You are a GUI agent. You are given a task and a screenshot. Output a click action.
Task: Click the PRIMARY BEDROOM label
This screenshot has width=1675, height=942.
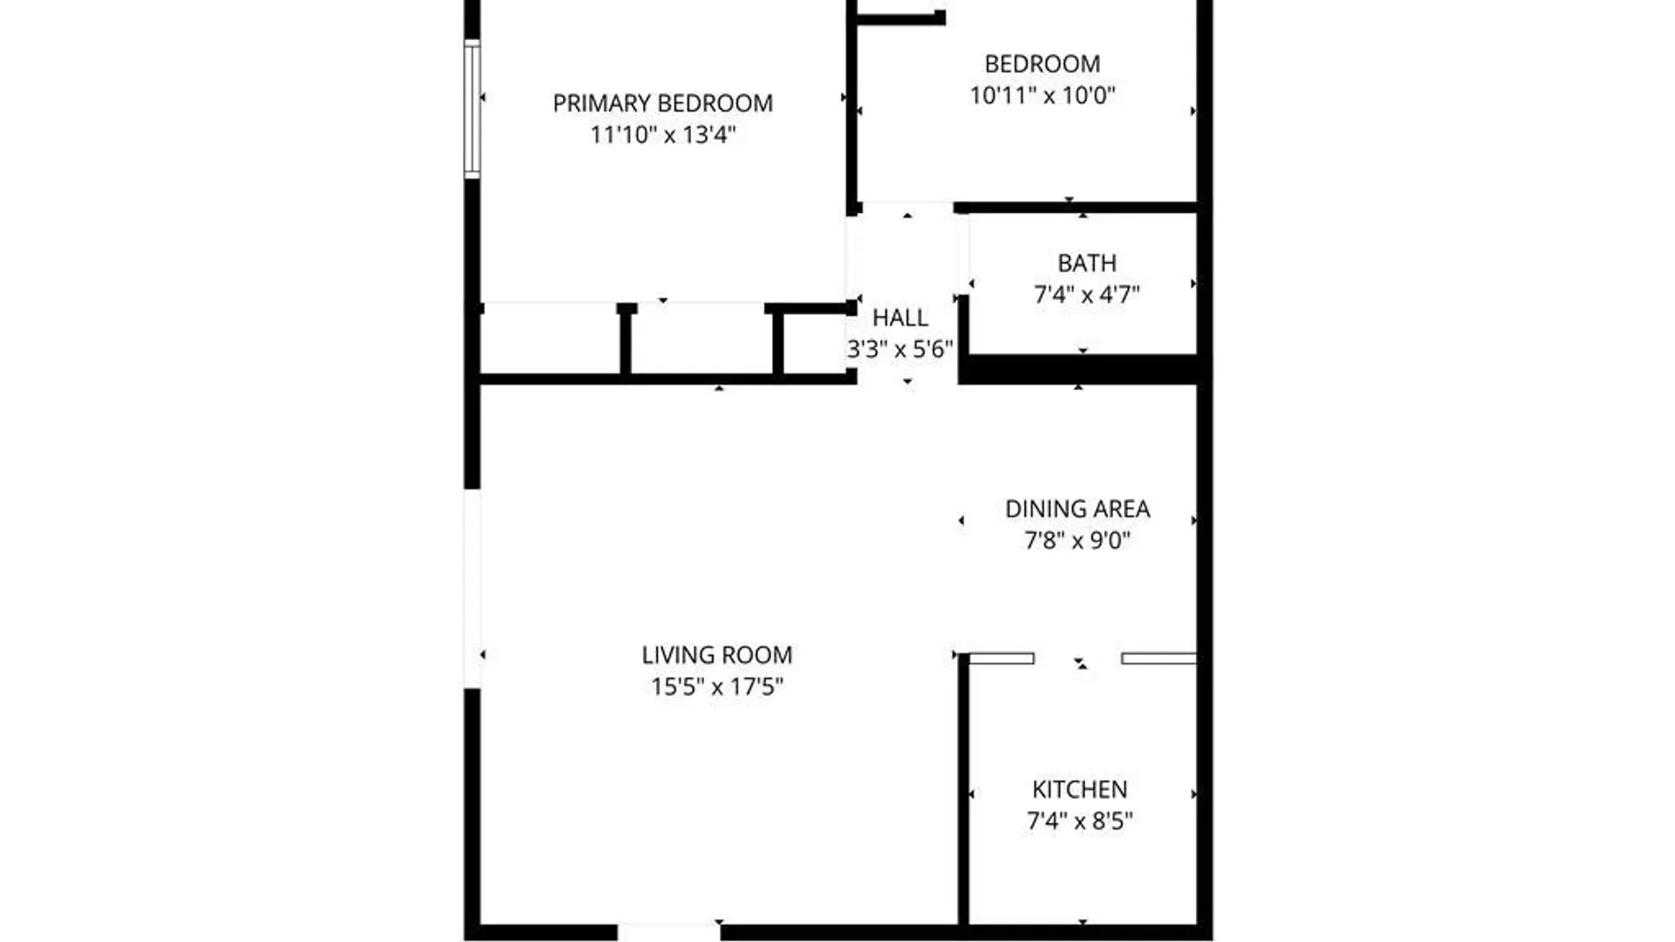662,103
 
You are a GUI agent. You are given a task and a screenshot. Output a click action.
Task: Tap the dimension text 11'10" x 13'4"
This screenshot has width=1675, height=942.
662,134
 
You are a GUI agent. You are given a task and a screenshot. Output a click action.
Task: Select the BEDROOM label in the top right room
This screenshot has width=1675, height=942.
1042,64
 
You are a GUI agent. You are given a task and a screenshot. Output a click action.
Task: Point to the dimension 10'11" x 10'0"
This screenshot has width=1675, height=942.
1042,94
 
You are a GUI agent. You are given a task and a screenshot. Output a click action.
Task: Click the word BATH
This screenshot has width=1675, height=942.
1086,263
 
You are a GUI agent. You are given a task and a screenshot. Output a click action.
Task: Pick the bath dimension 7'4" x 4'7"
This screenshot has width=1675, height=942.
1086,294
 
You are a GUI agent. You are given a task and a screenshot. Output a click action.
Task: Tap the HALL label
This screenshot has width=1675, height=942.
899,317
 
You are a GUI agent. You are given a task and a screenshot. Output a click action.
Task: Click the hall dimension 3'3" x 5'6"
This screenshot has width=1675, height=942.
899,349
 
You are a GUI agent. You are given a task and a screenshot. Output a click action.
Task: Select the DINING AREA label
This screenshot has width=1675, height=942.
1077,509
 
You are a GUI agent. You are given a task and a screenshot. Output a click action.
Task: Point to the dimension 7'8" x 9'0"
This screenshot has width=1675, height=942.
1077,540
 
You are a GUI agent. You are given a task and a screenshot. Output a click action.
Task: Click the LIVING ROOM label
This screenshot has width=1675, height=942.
716,655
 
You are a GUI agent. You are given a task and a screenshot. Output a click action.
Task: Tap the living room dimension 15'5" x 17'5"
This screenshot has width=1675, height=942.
716,686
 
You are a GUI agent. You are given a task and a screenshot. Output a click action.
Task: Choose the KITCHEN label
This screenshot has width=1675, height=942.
1079,789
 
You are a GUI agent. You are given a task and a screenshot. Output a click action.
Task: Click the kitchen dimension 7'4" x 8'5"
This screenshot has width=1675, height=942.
1079,821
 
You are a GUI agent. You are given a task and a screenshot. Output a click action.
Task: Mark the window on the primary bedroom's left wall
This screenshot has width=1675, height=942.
472,109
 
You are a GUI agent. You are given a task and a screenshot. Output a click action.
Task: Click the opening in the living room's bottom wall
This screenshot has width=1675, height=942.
669,932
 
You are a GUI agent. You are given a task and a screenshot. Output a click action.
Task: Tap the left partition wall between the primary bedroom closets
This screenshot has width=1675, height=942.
626,342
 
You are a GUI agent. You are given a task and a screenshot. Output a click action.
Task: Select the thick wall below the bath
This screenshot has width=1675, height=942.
1080,369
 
